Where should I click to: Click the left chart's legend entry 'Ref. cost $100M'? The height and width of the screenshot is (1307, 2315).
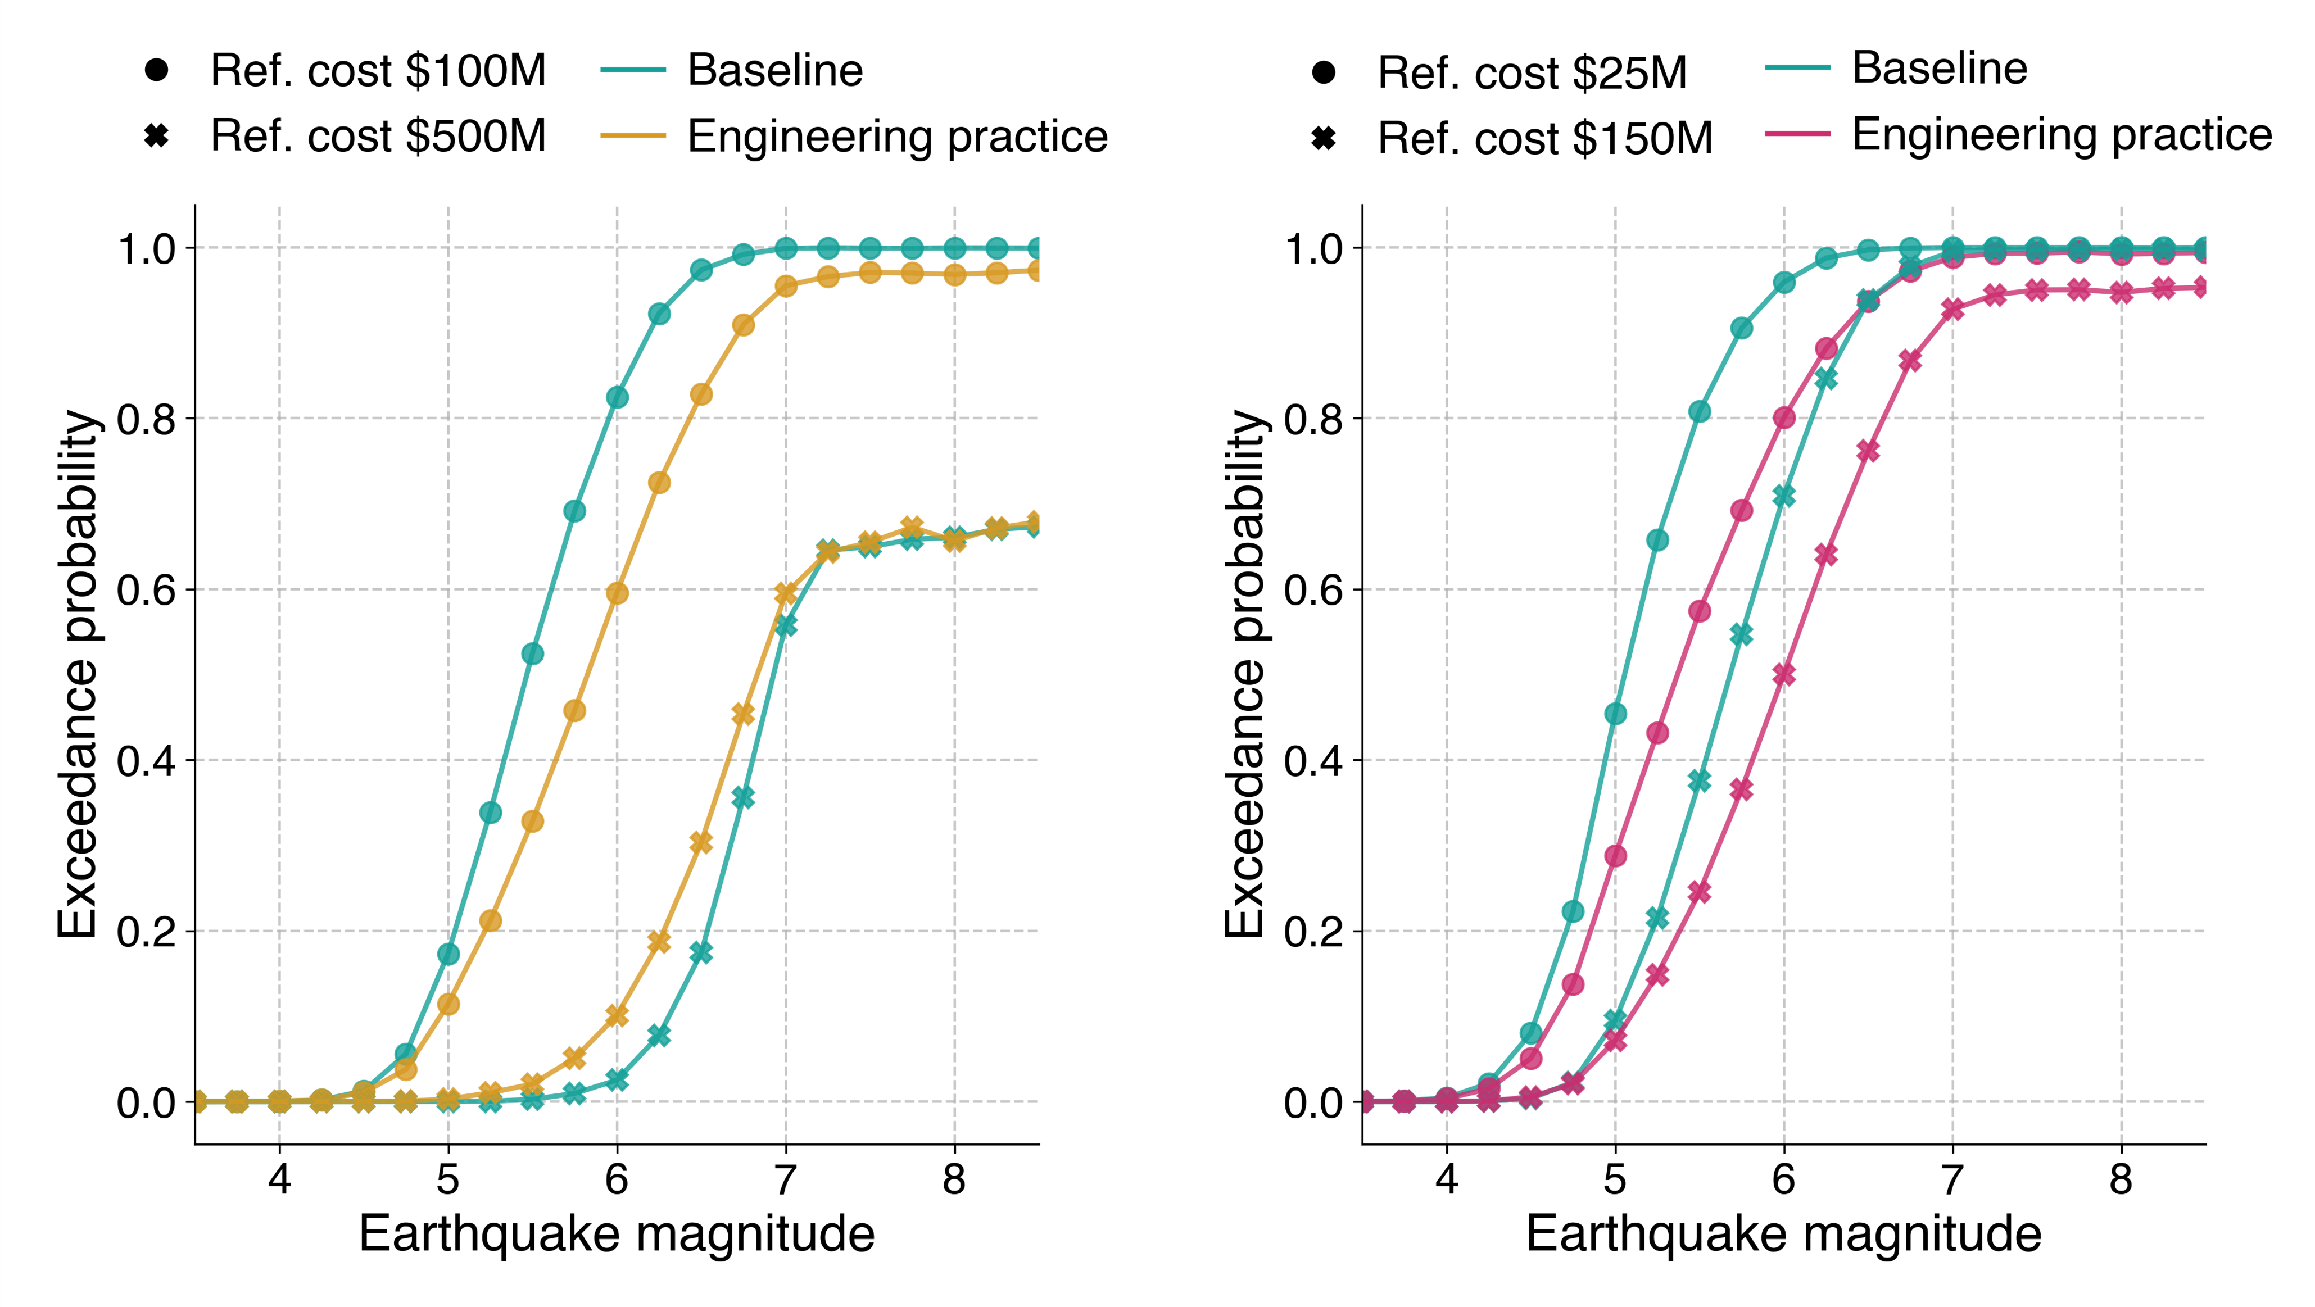tap(378, 70)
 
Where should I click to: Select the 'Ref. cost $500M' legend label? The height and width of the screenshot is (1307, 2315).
tap(378, 137)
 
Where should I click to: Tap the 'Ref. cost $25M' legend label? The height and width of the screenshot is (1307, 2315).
tap(1532, 72)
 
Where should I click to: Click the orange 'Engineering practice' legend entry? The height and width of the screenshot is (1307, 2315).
tap(897, 137)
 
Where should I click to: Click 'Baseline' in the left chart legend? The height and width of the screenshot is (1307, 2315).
tap(774, 70)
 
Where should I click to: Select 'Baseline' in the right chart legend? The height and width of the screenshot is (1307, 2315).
tap(1940, 68)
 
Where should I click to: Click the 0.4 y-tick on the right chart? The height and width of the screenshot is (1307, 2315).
tap(1313, 761)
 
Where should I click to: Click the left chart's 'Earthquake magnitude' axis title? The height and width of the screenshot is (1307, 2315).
tap(617, 1235)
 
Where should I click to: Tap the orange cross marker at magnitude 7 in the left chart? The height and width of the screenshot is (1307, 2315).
tap(786, 594)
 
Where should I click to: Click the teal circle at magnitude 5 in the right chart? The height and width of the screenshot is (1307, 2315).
tap(1615, 714)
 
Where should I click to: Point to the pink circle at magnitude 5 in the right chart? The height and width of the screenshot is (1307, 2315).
tap(1615, 855)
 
